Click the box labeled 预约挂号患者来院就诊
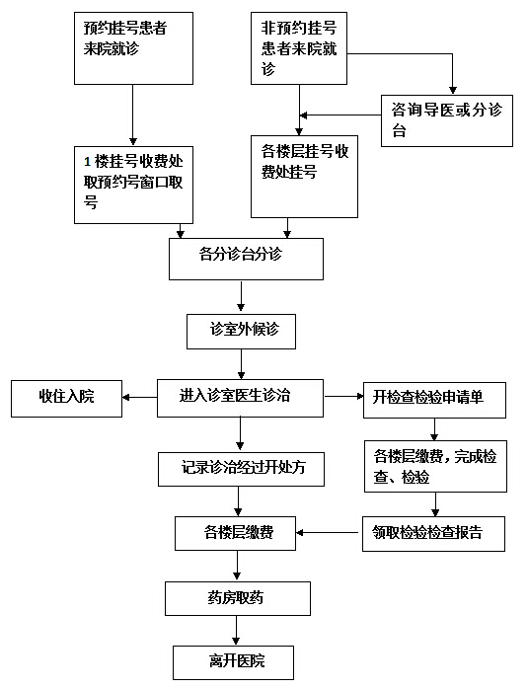133,48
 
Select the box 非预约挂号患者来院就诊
299,48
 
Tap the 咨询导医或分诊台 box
447,120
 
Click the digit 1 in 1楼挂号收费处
88,162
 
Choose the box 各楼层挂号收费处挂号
304,177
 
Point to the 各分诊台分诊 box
246,260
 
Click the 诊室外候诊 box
241,332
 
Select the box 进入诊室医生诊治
240,398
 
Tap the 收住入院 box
66,399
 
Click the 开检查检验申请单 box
434,400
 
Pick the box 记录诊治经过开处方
241,469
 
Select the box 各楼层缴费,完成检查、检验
435,466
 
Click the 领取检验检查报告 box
433,533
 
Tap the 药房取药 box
238,598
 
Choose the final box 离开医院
233,662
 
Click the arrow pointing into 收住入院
140,398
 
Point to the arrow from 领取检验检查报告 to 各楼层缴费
329,533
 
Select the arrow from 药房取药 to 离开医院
236,631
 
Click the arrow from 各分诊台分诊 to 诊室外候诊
241,297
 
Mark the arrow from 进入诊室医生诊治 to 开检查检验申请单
343,397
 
